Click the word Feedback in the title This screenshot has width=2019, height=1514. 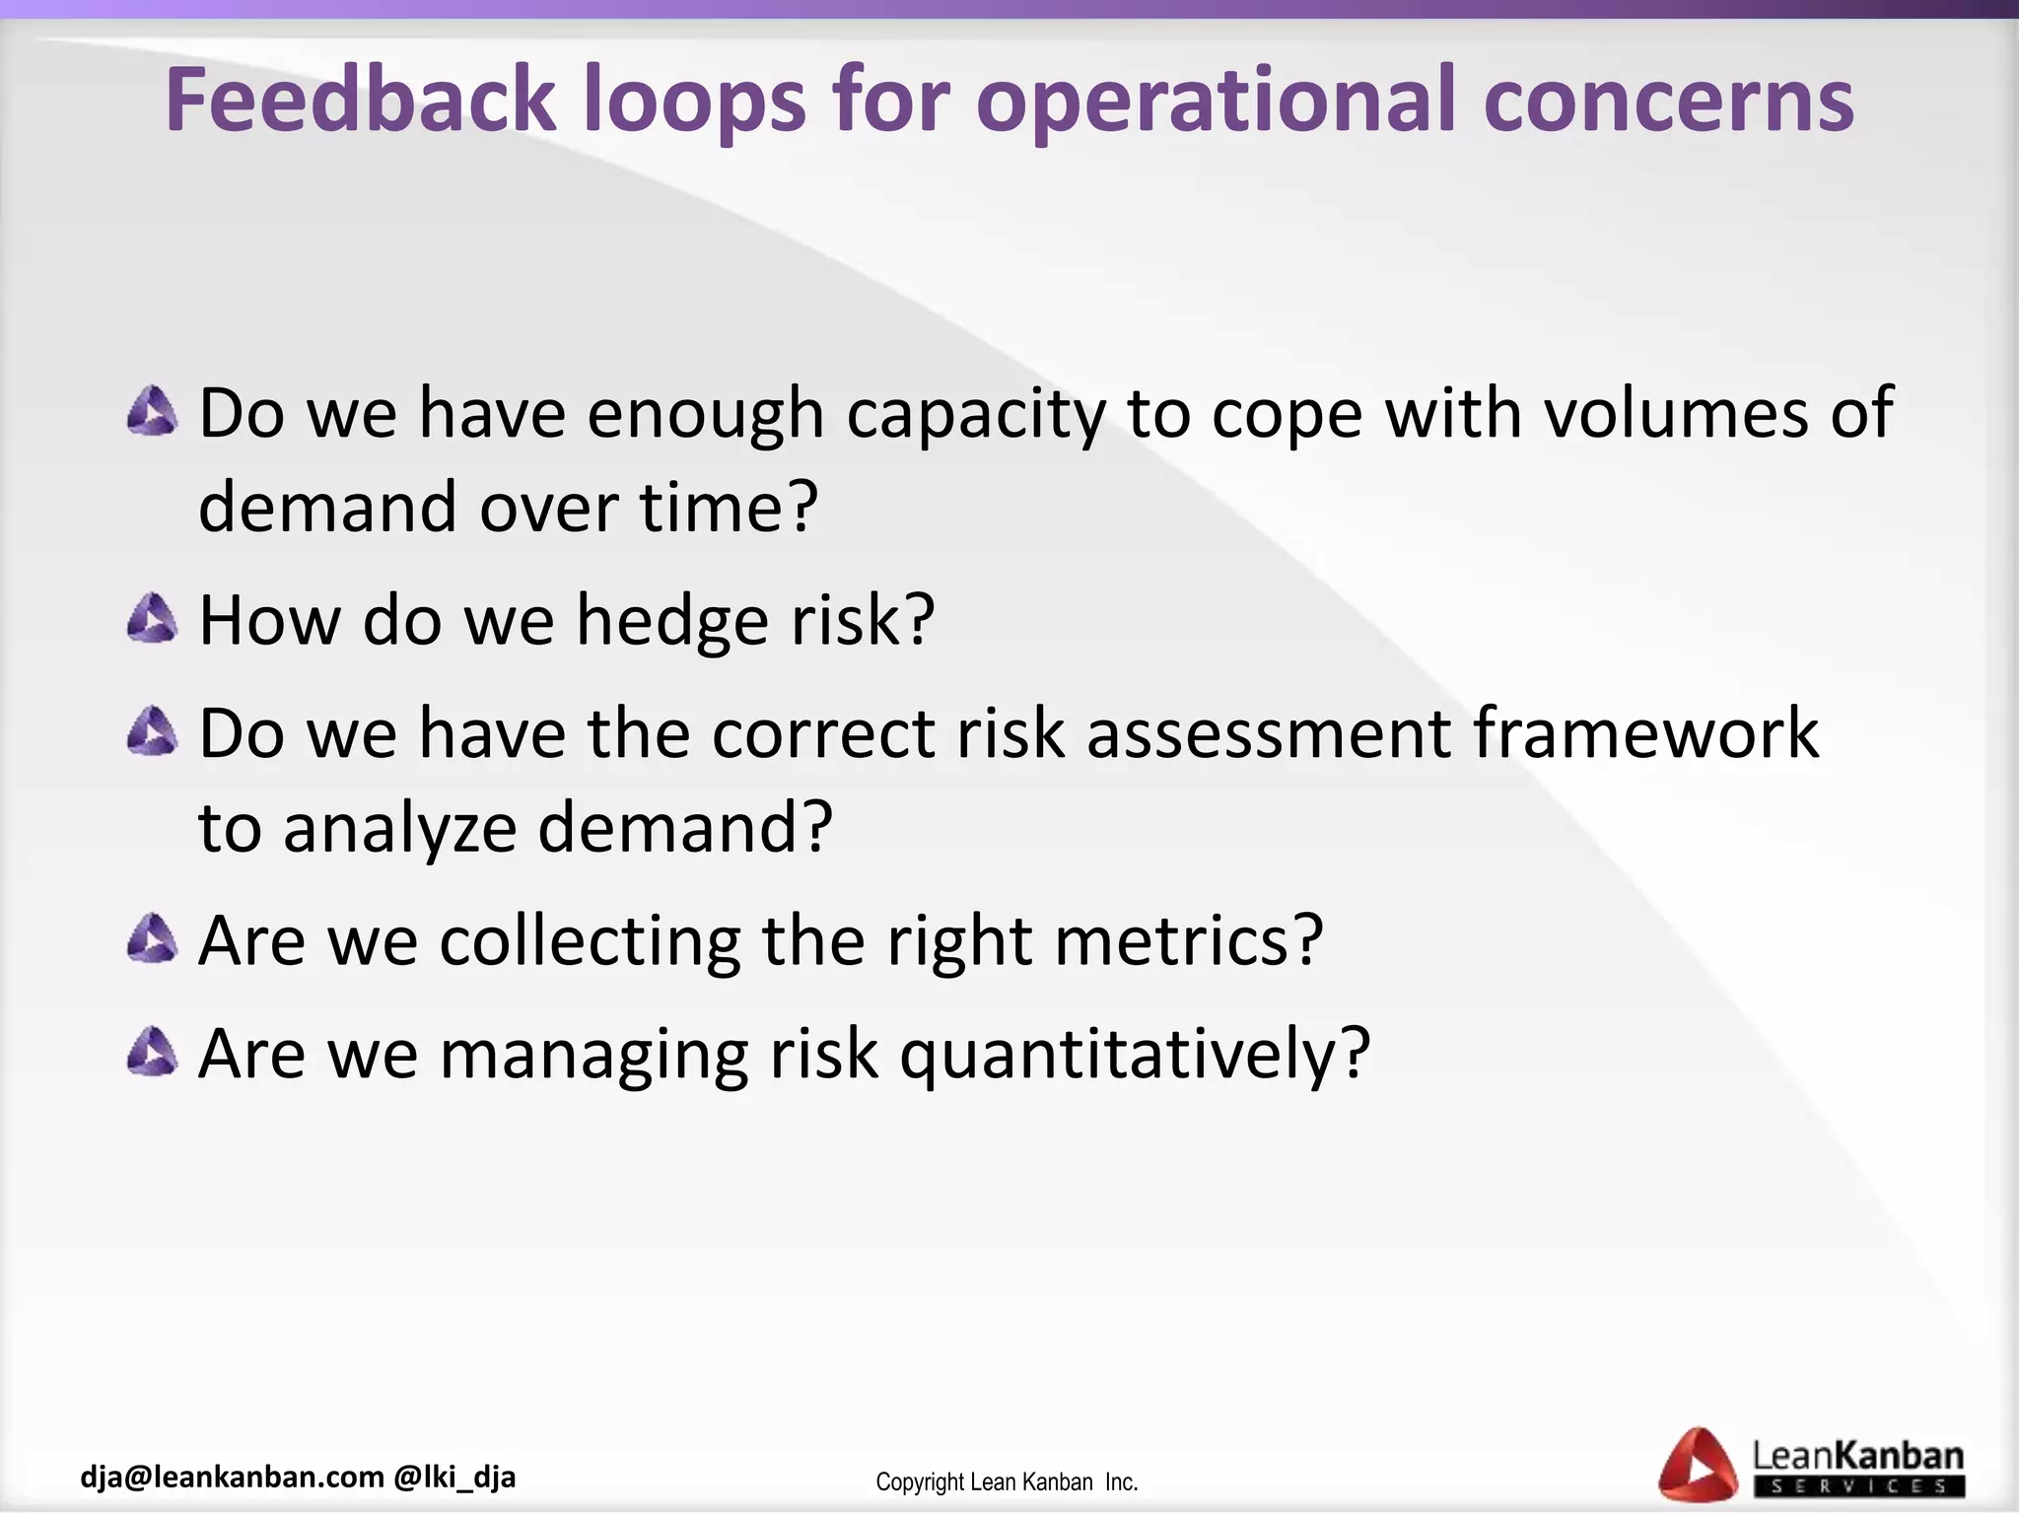click(x=361, y=101)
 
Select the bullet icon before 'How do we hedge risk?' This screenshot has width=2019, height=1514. click(x=153, y=619)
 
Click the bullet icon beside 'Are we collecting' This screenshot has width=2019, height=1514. click(x=153, y=938)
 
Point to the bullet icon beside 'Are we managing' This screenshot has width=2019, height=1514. click(x=153, y=1052)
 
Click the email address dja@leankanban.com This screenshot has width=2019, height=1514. click(x=233, y=1477)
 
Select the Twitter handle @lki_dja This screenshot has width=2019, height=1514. click(x=454, y=1477)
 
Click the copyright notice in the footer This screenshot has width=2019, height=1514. click(x=1007, y=1482)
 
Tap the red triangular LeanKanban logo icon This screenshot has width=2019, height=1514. click(x=1698, y=1467)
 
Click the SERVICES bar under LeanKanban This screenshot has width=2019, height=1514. click(x=1858, y=1485)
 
